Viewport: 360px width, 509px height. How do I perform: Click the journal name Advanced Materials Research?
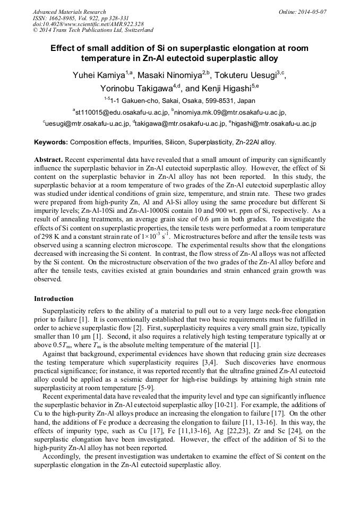pos(69,12)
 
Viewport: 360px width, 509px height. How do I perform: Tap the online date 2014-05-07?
pos(313,12)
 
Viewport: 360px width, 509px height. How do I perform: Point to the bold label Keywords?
pos(51,142)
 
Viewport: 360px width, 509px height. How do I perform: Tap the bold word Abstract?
pos(48,160)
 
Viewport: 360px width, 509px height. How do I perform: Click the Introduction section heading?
pos(54,299)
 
